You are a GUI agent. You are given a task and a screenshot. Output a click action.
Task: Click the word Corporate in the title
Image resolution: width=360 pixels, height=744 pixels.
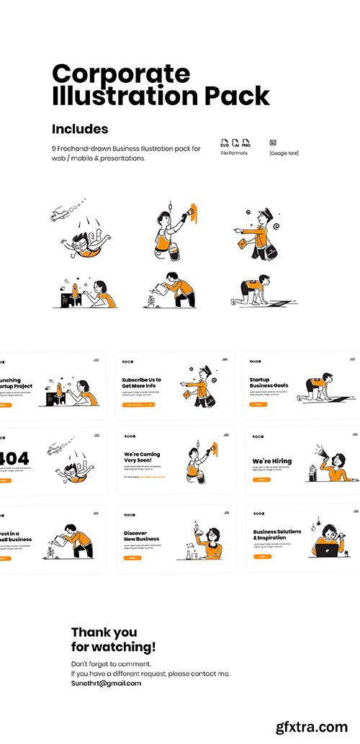pyautogui.click(x=121, y=73)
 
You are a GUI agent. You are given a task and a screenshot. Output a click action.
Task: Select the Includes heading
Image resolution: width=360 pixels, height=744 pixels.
pyautogui.click(x=80, y=129)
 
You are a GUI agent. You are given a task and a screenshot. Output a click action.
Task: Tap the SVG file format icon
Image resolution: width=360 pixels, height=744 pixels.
pyautogui.click(x=225, y=143)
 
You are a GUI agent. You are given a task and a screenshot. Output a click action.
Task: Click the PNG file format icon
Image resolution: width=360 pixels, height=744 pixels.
pyautogui.click(x=246, y=143)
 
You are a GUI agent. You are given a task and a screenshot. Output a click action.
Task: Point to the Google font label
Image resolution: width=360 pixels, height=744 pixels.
pyautogui.click(x=284, y=153)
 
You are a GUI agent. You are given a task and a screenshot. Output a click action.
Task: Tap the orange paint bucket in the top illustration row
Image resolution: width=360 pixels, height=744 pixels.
pyautogui.click(x=173, y=249)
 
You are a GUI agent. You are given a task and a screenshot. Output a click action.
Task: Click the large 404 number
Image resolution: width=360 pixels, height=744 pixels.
pyautogui.click(x=14, y=459)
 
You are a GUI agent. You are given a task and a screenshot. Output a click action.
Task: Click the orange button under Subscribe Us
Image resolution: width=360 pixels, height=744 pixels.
pyautogui.click(x=138, y=405)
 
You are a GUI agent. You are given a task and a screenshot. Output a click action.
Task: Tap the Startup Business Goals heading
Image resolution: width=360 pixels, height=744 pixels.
pyautogui.click(x=269, y=382)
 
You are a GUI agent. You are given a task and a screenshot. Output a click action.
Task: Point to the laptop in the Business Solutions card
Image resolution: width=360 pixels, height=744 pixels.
pyautogui.click(x=326, y=551)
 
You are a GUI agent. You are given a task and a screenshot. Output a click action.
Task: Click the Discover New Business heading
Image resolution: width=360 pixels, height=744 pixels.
pyautogui.click(x=141, y=536)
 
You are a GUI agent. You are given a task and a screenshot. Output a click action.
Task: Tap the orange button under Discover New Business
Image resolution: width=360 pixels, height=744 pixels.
pyautogui.click(x=132, y=557)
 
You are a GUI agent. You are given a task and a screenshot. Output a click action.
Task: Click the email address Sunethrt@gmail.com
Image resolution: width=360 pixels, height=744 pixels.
pyautogui.click(x=106, y=683)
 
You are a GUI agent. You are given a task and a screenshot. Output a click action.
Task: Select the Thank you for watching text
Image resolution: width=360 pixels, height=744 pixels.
pyautogui.click(x=113, y=640)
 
